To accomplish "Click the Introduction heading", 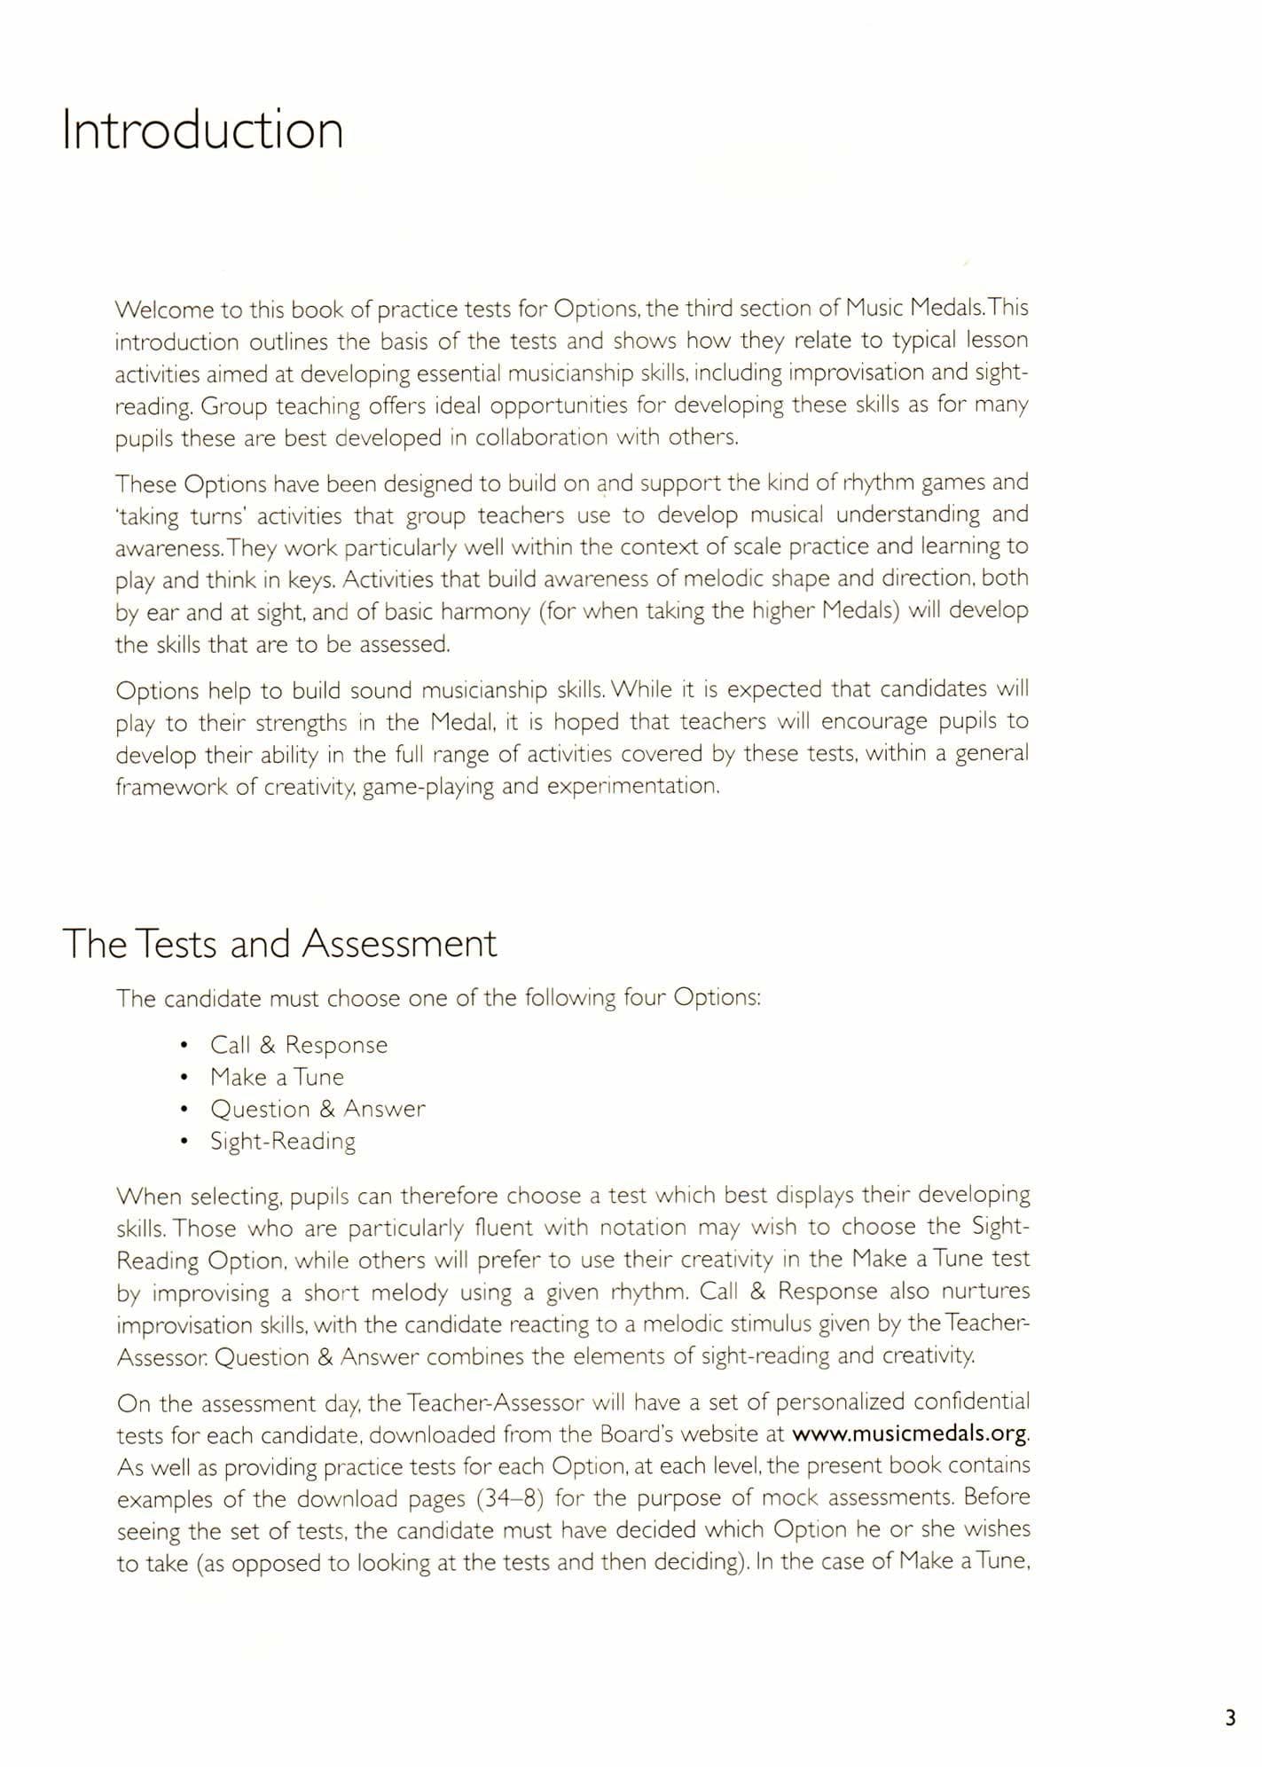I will pyautogui.click(x=202, y=130).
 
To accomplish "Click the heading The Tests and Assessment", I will pyautogui.click(x=279, y=943).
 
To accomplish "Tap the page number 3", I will pyautogui.click(x=1229, y=1718).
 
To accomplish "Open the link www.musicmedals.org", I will pyautogui.click(x=909, y=1433).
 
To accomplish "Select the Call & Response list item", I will pyautogui.click(x=298, y=1045).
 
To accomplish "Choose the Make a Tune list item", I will pyautogui.click(x=277, y=1077).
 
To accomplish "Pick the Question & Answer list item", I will pyautogui.click(x=317, y=1109).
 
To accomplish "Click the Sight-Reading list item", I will pyautogui.click(x=282, y=1141).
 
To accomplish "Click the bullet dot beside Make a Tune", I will pyautogui.click(x=183, y=1078).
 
